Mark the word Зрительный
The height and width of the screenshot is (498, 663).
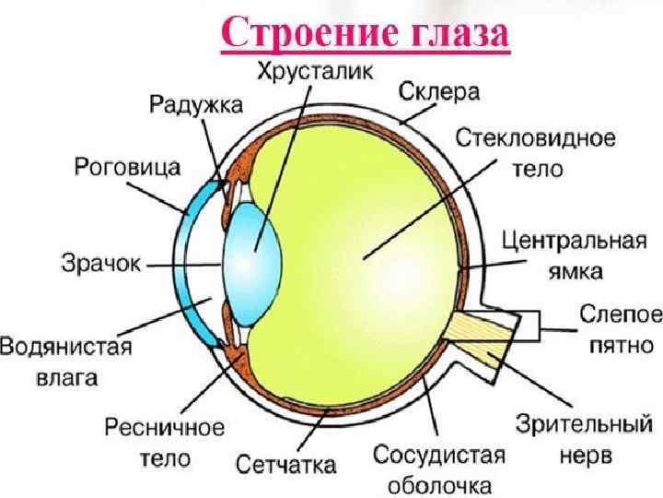pyautogui.click(x=577, y=426)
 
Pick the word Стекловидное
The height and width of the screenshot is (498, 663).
pyautogui.click(x=536, y=140)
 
